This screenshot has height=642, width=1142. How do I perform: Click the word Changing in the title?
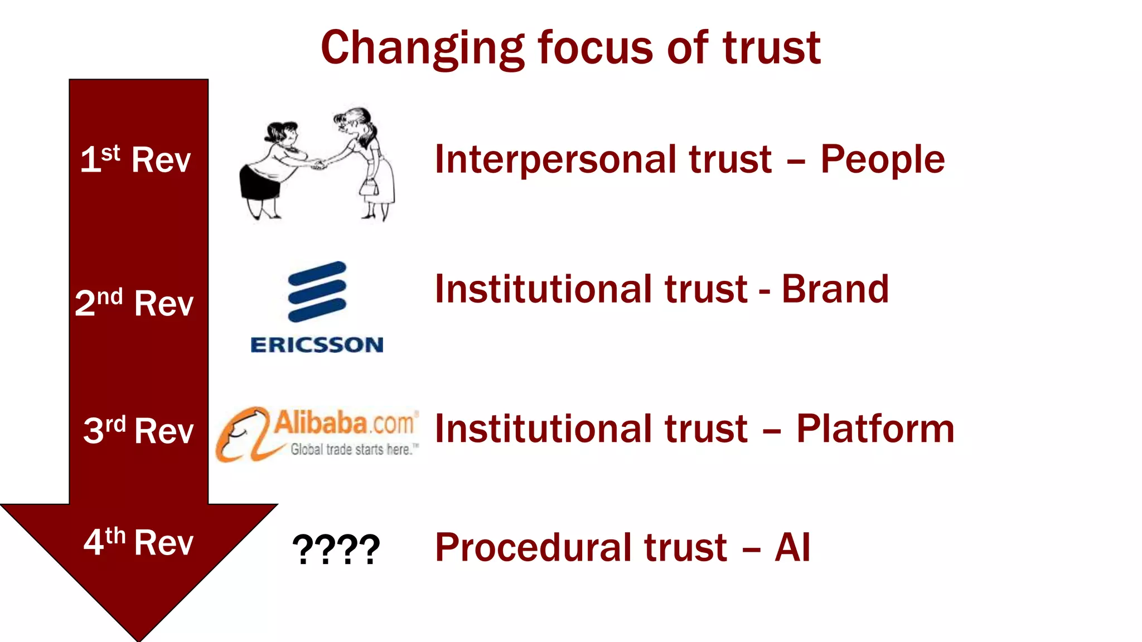(422, 48)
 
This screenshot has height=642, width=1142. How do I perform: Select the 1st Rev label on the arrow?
(136, 159)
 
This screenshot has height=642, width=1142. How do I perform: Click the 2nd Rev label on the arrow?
(134, 303)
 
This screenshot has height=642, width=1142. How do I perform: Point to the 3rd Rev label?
(138, 430)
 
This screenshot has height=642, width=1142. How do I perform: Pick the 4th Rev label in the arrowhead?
(138, 542)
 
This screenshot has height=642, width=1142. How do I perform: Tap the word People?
(882, 160)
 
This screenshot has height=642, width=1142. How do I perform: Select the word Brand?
(835, 289)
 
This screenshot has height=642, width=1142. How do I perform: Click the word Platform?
(875, 429)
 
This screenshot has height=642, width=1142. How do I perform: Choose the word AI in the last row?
(792, 547)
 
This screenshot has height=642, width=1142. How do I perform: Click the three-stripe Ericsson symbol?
(317, 291)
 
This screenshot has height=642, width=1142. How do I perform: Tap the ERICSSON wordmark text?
(317, 345)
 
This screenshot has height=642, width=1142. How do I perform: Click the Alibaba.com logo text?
(345, 422)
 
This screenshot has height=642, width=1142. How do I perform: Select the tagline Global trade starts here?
(354, 450)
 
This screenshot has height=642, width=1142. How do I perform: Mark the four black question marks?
(336, 549)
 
